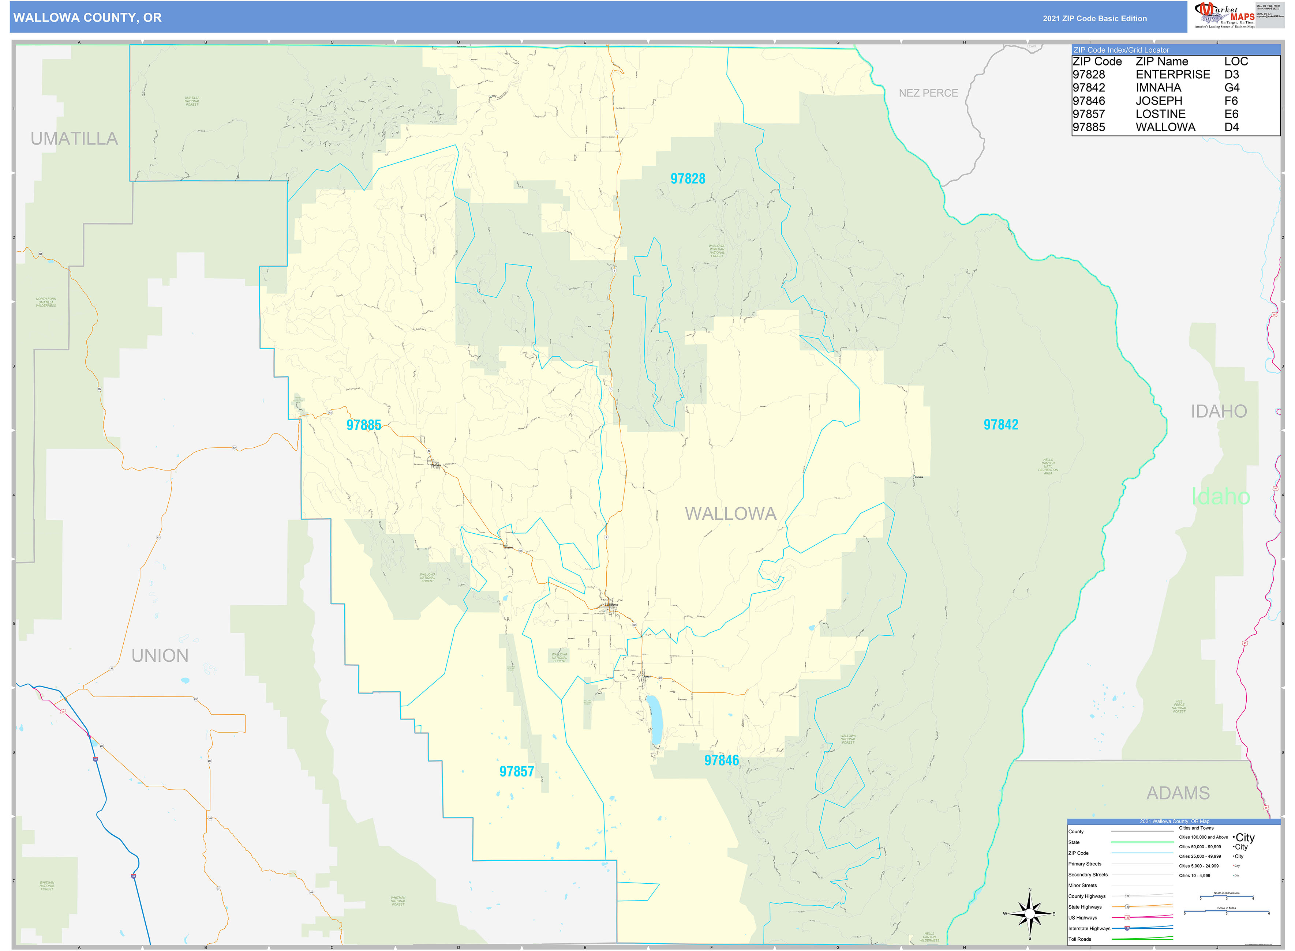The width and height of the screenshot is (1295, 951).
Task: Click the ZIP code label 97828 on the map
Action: [x=688, y=178]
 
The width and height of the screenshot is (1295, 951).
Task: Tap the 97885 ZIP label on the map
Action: [x=363, y=425]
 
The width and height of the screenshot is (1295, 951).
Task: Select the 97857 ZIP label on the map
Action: [x=517, y=771]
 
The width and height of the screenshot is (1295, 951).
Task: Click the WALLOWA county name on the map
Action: [x=730, y=514]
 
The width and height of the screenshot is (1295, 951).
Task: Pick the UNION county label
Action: [x=160, y=656]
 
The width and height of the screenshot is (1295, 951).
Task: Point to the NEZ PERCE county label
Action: [x=928, y=93]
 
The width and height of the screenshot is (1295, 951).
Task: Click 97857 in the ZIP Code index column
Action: [x=1088, y=114]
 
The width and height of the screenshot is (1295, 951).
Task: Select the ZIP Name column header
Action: [x=1161, y=61]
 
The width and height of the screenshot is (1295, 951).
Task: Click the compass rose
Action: [x=1030, y=914]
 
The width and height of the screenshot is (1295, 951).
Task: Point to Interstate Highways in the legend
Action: [x=1089, y=929]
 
